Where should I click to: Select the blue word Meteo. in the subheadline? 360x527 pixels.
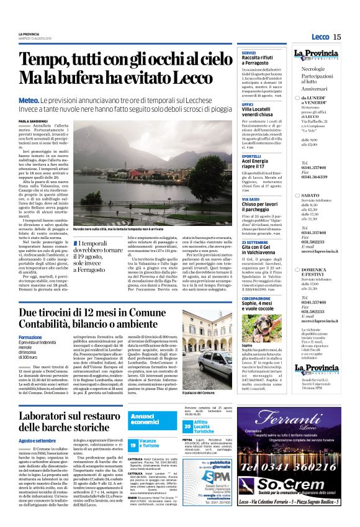(29, 99)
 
